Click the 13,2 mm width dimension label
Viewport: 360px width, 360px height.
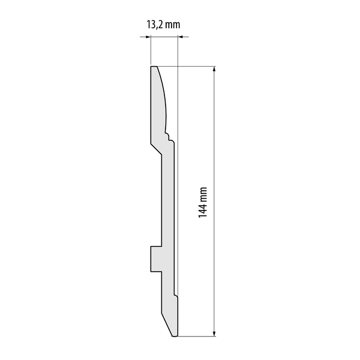click(x=163, y=25)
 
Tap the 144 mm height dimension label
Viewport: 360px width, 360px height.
click(x=203, y=203)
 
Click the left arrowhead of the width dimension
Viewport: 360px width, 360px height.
click(x=148, y=37)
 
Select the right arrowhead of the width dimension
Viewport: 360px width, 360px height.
click(x=181, y=37)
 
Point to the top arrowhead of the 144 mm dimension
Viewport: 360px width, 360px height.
click(x=214, y=69)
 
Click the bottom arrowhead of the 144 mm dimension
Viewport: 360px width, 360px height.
click(x=214, y=334)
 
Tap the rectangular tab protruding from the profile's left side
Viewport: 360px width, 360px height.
click(x=156, y=259)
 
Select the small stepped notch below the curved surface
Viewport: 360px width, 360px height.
click(x=169, y=136)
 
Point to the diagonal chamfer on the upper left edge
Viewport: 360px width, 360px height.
click(x=156, y=149)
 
